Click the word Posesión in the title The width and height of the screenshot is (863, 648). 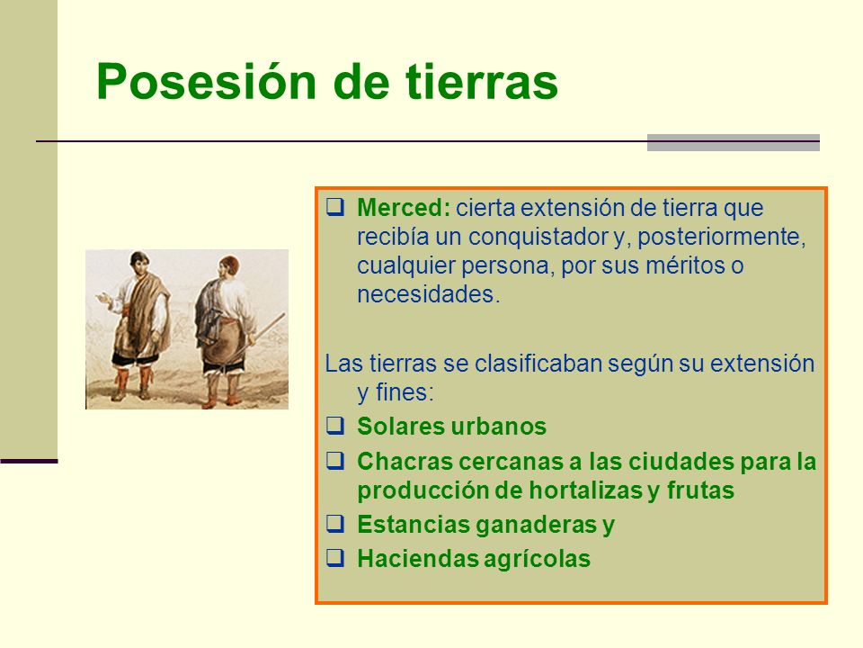click(207, 83)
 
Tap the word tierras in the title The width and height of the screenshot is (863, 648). click(482, 82)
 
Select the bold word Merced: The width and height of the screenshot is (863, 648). click(404, 208)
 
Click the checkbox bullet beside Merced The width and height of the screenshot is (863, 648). click(335, 207)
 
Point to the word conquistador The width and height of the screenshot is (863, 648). click(538, 237)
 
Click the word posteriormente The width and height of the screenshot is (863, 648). click(721, 238)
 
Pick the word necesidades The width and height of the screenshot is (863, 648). click(428, 294)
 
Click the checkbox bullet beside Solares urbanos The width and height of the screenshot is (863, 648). click(335, 426)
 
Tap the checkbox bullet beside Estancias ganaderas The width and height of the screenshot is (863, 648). click(335, 524)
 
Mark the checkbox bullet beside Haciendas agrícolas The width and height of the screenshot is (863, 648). click(335, 558)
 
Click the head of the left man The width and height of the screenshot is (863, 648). click(139, 265)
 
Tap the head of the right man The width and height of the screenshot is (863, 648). click(227, 267)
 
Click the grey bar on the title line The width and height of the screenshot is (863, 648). click(734, 142)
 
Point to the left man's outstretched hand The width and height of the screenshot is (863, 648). click(103, 299)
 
